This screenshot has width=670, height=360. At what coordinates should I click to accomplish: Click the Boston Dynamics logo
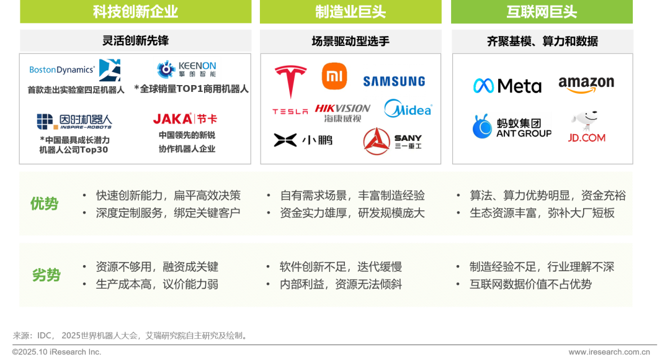(x=74, y=70)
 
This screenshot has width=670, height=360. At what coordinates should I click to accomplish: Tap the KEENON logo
(x=187, y=70)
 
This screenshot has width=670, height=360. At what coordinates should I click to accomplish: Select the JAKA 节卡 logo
(x=185, y=118)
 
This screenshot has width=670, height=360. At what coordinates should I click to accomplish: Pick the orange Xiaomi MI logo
(x=336, y=77)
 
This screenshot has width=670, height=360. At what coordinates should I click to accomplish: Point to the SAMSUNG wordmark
(x=394, y=81)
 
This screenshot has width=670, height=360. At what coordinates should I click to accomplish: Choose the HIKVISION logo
(x=342, y=112)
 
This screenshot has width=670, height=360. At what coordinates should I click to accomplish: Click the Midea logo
(x=408, y=109)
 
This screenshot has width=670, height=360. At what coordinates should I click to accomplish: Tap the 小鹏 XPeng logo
(x=302, y=138)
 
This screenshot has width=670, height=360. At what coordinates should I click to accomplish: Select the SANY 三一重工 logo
(x=392, y=141)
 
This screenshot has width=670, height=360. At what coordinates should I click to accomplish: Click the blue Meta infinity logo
(x=483, y=85)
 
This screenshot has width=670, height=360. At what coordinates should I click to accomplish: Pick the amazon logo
(x=586, y=84)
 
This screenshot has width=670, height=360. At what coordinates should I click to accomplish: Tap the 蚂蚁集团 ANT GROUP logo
(x=511, y=126)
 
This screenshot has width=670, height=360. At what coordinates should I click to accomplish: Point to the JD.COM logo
(x=587, y=127)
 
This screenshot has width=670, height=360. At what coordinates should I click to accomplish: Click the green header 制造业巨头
(x=350, y=12)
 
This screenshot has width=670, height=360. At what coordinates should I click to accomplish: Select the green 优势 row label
(x=45, y=204)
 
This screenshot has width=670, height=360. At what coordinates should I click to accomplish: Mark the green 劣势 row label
(x=46, y=276)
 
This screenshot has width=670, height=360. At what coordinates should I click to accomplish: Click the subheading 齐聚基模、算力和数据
(x=542, y=42)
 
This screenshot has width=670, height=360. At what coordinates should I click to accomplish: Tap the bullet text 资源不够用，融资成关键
(x=157, y=267)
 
